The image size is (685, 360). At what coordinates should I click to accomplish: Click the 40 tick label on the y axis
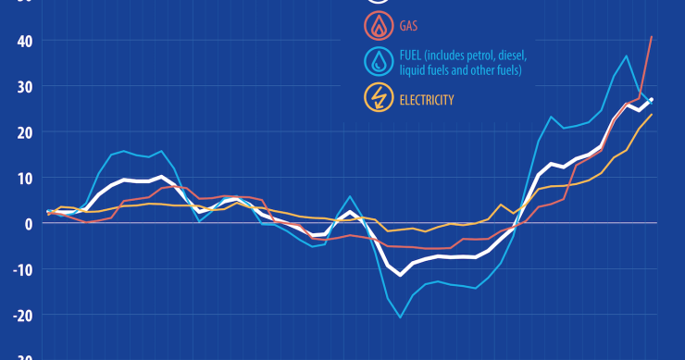[x=22, y=41]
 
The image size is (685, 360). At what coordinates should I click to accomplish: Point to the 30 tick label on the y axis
[x=22, y=86]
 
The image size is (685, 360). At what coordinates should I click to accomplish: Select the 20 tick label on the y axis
[x=22, y=132]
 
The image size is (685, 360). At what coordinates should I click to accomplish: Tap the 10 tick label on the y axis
[x=22, y=178]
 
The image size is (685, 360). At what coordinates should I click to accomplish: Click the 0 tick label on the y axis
[x=27, y=223]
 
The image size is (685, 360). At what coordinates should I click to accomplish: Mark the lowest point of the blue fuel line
[x=401, y=317]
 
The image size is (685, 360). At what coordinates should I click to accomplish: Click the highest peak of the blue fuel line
[x=627, y=56]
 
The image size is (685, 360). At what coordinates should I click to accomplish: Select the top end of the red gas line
[x=652, y=37]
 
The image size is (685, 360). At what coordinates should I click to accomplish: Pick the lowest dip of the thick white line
[x=401, y=275]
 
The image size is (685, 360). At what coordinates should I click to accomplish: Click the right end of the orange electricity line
[x=652, y=115]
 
